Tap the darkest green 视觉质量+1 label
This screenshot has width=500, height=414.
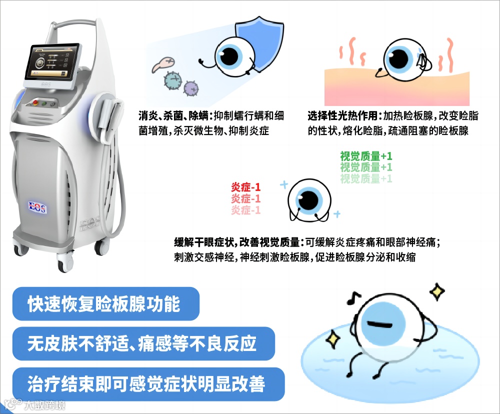366,156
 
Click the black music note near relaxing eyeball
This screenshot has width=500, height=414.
353,298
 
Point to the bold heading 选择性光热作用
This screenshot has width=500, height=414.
344,116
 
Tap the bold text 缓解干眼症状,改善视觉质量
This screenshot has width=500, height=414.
235,243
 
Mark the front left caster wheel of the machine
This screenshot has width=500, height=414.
65,261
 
